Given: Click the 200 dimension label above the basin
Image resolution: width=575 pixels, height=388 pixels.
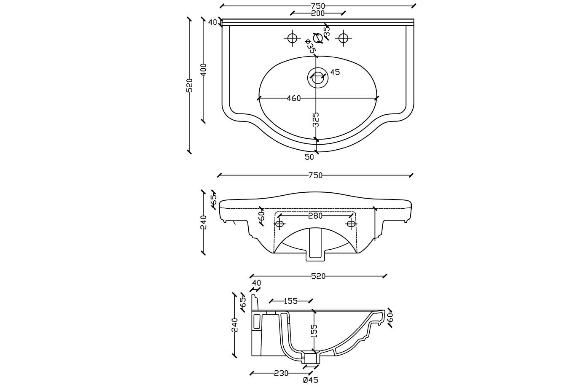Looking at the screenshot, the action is pyautogui.click(x=318, y=13).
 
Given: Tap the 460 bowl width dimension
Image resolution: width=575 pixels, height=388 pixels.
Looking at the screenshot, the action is pyautogui.click(x=294, y=98).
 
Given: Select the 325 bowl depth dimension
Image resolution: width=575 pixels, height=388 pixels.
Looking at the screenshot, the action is pyautogui.click(x=316, y=119).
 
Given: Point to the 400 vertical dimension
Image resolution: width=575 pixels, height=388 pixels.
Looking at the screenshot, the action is pyautogui.click(x=203, y=70).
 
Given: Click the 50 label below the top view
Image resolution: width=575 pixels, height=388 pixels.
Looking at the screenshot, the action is pyautogui.click(x=309, y=157).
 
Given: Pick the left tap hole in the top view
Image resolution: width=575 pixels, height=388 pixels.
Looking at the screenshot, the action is pyautogui.click(x=292, y=38).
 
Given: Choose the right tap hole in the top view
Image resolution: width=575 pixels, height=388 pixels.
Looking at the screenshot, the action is pyautogui.click(x=343, y=38).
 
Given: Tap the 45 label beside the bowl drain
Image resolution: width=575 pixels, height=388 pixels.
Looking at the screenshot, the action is pyautogui.click(x=335, y=72).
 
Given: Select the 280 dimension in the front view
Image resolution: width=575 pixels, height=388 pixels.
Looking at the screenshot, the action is pyautogui.click(x=315, y=216).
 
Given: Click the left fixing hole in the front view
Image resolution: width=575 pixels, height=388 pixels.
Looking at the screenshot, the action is pyautogui.click(x=279, y=224).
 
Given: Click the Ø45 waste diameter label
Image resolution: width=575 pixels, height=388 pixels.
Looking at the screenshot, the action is pyautogui.click(x=311, y=380).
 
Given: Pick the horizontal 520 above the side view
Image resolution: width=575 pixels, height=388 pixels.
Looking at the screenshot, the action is pyautogui.click(x=318, y=276).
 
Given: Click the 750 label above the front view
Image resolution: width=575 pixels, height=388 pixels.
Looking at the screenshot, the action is pyautogui.click(x=315, y=175).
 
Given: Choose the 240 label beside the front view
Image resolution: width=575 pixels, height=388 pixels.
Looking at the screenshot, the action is pyautogui.click(x=203, y=222).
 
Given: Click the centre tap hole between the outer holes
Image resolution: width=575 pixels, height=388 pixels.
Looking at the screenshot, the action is pyautogui.click(x=317, y=38).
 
